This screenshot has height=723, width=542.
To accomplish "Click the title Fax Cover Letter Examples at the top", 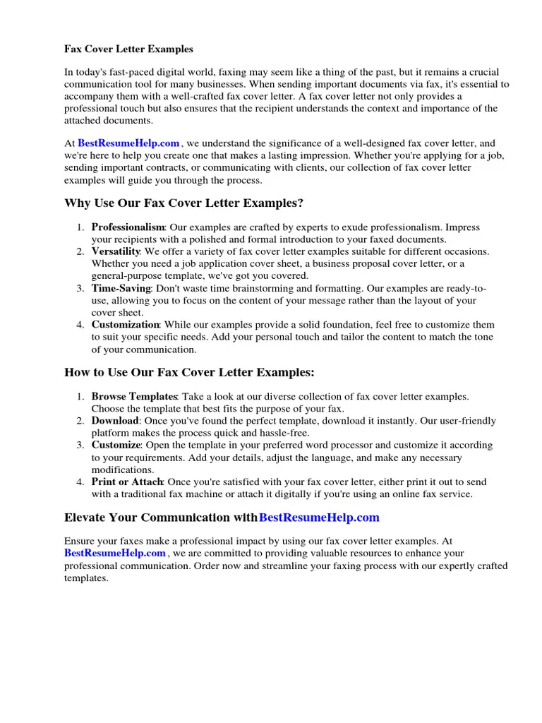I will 128,49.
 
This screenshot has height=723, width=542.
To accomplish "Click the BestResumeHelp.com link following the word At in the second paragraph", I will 128,143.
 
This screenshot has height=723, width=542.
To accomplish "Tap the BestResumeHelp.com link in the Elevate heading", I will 319,518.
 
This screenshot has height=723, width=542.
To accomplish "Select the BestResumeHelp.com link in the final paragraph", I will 115,553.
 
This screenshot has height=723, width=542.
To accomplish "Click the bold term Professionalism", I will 128,227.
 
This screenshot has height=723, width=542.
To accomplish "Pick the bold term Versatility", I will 116,251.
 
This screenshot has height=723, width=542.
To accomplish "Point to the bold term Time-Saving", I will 121,288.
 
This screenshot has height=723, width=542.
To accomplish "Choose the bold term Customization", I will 126,325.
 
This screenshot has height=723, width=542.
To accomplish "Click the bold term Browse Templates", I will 133,397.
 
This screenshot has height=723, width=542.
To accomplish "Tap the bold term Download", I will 115,421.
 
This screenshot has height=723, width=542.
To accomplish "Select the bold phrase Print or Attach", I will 128,482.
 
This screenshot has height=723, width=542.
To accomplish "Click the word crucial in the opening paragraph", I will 481,72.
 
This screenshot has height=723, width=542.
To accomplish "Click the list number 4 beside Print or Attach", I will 80,482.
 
